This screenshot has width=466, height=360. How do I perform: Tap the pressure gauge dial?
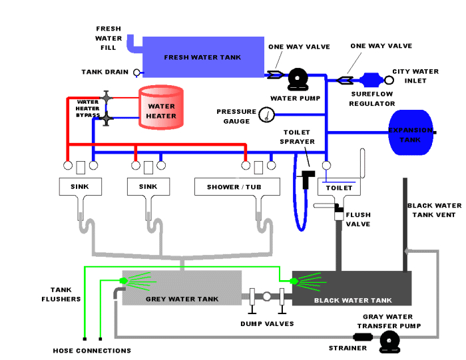click(267, 115)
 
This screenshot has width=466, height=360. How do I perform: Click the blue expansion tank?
click(410, 132)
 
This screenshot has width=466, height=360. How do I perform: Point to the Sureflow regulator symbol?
click(367, 80)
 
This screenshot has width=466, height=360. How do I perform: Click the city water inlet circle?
click(389, 80)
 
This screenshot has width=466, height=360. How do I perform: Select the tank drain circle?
click(137, 73)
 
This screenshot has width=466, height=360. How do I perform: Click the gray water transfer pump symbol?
click(389, 342)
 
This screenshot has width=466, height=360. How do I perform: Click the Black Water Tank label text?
click(353, 300)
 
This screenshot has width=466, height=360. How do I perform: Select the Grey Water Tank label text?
click(182, 299)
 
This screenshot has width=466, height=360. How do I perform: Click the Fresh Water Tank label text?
click(202, 57)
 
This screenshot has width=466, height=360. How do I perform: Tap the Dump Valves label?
click(266, 324)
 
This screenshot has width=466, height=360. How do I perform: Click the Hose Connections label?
click(92, 351)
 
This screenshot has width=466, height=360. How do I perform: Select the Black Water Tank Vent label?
click(431, 210)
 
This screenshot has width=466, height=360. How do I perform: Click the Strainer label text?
click(348, 348)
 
